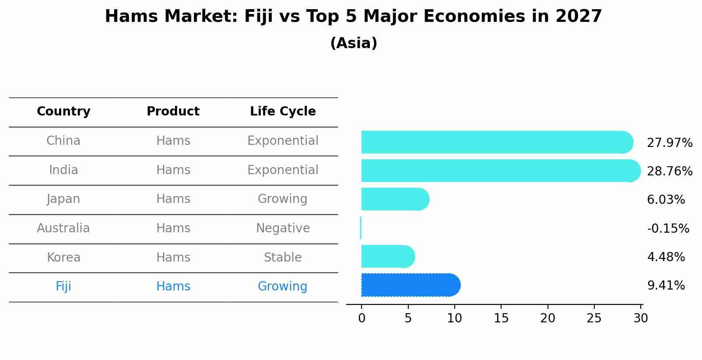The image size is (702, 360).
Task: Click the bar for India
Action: point(499,171)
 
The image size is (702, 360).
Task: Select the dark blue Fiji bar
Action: point(409,285)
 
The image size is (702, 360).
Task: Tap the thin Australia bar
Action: point(361,228)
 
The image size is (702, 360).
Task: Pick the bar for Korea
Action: point(387,256)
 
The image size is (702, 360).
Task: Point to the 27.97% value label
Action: point(669,143)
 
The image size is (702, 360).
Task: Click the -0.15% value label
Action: point(668,228)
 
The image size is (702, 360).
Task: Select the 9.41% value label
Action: point(666,286)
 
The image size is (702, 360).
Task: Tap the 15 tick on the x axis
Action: point(501,318)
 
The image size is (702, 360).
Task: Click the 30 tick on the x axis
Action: point(640,318)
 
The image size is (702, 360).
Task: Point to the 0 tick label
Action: point(362,318)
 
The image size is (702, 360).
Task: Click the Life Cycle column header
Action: point(283,112)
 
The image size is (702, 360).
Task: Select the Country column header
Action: point(63,112)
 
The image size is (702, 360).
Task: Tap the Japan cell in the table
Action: point(63,199)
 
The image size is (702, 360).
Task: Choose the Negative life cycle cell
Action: point(283,228)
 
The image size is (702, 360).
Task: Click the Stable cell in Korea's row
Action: point(283,257)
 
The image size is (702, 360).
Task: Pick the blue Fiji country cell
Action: point(63,287)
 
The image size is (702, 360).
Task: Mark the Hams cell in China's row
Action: point(173,141)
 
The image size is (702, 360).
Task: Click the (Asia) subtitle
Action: point(354,43)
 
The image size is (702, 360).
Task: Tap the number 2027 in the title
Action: point(579,17)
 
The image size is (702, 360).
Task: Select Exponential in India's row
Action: point(283,170)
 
